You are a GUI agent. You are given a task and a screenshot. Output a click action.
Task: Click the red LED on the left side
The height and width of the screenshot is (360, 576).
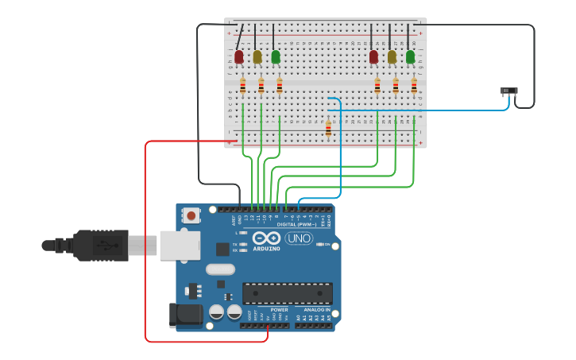click(x=238, y=56)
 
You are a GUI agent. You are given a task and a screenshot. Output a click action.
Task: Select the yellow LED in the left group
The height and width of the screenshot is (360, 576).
click(x=257, y=56)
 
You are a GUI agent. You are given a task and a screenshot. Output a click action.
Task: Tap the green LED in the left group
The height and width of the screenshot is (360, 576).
click(x=275, y=56)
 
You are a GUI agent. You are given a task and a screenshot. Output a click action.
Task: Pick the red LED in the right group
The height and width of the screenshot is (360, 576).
click(x=373, y=56)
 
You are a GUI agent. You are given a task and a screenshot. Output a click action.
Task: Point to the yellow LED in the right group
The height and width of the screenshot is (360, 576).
click(x=392, y=56)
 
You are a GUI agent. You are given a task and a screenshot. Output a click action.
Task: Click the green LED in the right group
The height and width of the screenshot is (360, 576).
click(x=410, y=56)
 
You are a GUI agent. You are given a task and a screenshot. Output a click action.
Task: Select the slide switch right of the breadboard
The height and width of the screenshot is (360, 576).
click(x=509, y=91)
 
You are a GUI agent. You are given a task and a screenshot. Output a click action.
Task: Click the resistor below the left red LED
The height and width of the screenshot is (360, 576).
click(x=242, y=86)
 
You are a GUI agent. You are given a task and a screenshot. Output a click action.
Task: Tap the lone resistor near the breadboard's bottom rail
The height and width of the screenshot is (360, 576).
click(x=328, y=128)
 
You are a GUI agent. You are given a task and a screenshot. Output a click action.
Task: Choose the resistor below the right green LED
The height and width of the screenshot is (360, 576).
click(x=414, y=86)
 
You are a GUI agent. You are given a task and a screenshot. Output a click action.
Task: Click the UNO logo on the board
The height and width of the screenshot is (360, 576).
click(x=299, y=238)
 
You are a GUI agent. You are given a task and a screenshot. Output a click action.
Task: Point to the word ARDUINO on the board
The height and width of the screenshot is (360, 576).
click(x=267, y=249)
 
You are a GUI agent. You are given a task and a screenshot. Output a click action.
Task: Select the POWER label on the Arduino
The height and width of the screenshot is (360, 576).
click(x=269, y=309)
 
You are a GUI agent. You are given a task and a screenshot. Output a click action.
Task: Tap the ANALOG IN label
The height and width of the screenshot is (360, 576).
click(x=316, y=309)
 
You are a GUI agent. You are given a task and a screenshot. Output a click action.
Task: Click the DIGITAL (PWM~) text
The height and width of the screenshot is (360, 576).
click(x=296, y=224)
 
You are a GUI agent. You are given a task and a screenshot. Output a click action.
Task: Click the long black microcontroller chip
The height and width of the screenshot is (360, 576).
click(x=287, y=292)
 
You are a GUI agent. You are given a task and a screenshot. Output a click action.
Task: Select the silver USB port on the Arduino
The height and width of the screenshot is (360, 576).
click(x=180, y=246)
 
